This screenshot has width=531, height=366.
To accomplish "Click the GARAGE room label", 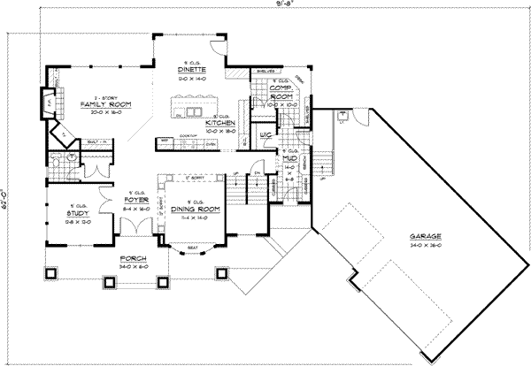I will click(x=426, y=236).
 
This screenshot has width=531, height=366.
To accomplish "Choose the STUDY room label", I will click(x=75, y=214).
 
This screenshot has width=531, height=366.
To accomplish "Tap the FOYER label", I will click(x=135, y=200).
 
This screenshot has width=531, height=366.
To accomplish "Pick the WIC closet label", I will click(x=265, y=135).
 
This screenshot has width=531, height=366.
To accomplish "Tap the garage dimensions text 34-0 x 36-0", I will click(x=426, y=244).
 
